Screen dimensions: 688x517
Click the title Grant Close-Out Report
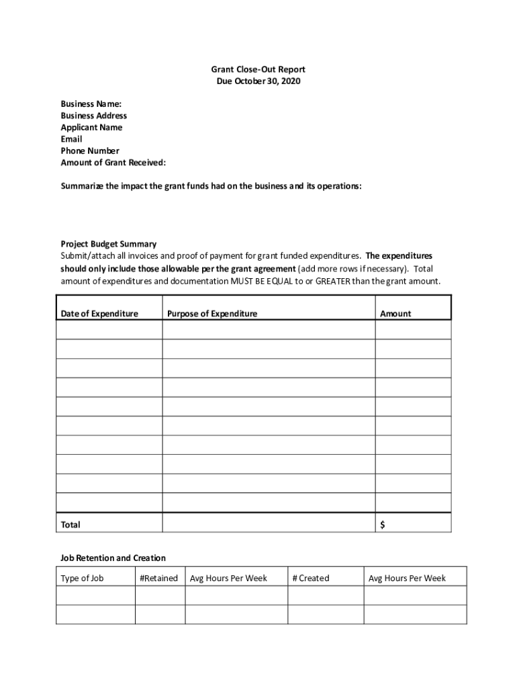click(258, 70)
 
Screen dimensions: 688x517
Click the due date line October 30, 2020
click(258, 81)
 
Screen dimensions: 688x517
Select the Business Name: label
click(91, 104)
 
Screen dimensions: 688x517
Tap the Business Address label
click(94, 116)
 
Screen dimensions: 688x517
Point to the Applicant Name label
click(91, 128)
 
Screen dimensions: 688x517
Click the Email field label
click(71, 139)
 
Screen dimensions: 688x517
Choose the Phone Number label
click(90, 151)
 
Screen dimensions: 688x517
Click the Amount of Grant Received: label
click(113, 163)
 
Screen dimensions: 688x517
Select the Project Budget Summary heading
click(109, 244)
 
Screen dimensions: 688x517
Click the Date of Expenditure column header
click(99, 314)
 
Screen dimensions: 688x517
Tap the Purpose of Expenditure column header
click(212, 314)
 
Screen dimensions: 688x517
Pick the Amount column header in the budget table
click(395, 314)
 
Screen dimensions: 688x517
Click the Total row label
click(70, 525)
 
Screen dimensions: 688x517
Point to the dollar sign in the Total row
click(383, 525)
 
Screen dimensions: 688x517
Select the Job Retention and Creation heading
click(113, 558)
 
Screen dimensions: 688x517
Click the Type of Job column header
click(82, 578)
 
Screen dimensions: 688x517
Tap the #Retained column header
click(159, 578)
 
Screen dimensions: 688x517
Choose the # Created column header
click(311, 578)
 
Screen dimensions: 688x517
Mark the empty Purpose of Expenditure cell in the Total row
click(269, 523)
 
